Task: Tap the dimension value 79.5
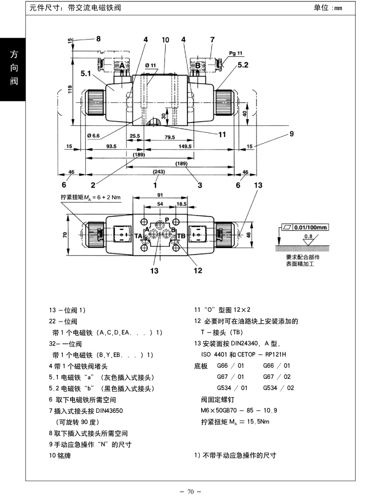point(169,137)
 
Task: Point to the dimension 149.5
point(185,146)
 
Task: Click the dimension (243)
point(158,172)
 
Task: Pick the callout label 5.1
point(86,74)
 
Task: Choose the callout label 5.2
point(243,65)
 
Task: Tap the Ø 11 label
point(150,65)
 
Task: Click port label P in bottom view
point(167,221)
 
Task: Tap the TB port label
point(181,236)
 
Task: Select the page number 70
point(190,491)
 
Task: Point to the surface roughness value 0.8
point(308,236)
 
